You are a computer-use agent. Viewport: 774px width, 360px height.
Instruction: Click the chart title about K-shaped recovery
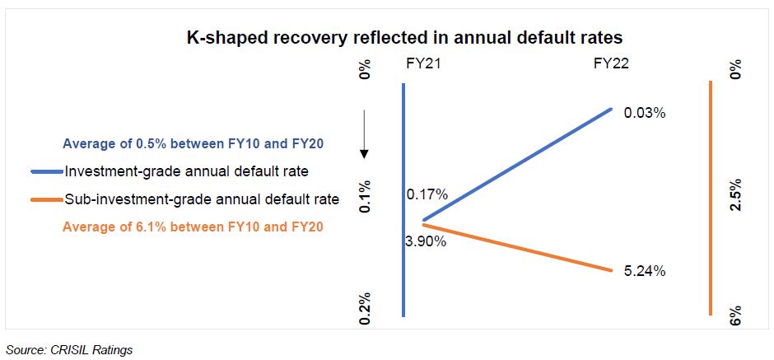tap(399, 37)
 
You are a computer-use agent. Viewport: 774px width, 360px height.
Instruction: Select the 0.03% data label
tap(645, 113)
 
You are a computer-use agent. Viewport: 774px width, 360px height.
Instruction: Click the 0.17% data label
tap(427, 194)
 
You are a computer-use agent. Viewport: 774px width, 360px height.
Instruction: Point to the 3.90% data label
tap(425, 241)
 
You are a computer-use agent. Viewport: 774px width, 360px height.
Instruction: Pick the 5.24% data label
tap(645, 270)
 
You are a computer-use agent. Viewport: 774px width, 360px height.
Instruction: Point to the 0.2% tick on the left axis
tap(365, 306)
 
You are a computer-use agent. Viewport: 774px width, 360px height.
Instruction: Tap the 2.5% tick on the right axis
tap(735, 195)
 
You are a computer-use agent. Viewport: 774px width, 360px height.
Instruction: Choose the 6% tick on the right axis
tap(735, 312)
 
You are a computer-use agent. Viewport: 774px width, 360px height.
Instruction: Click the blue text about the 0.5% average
tap(193, 143)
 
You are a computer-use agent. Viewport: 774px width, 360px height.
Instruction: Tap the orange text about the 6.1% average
tap(193, 227)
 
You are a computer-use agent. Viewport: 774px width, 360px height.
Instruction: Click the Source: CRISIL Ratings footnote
tap(69, 349)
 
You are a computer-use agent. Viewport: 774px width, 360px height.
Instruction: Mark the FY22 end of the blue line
tap(611, 108)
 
